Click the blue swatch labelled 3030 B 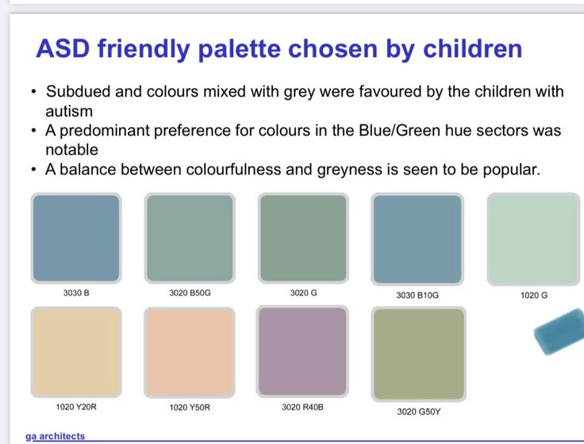point(76,238)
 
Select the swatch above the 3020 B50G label point(190,238)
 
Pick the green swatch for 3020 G point(304,238)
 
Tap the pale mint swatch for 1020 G point(534,239)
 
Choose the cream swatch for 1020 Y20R point(76,352)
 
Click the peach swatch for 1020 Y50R point(190,353)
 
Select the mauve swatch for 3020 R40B point(302,351)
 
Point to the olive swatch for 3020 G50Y point(419,354)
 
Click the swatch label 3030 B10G point(417,295)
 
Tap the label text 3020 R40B point(302,408)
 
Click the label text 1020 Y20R point(76,408)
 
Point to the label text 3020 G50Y point(419,411)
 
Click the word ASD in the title point(63,48)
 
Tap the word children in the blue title point(473,48)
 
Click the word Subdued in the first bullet point(78,91)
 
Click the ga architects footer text point(55,436)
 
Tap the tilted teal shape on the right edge point(559,331)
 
